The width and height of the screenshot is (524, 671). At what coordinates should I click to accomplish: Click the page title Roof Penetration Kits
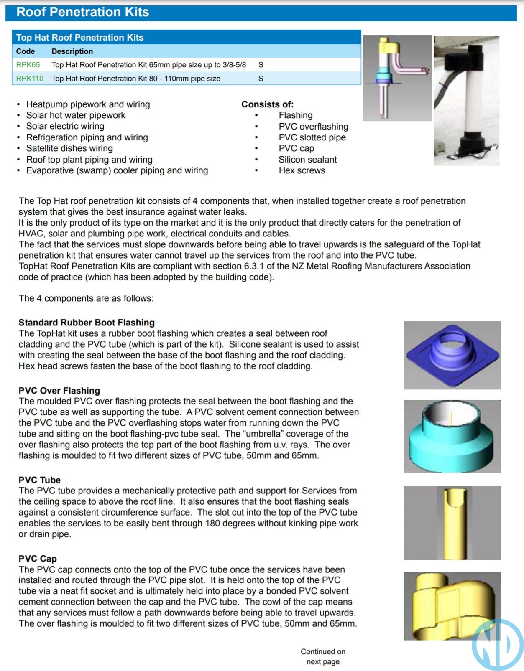(x=82, y=12)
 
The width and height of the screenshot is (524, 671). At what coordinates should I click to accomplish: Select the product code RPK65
(x=28, y=65)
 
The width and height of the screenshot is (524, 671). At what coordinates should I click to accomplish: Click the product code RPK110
(x=30, y=79)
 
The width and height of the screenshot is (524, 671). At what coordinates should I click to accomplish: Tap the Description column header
(x=72, y=51)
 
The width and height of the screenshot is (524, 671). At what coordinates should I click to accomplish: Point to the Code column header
(x=25, y=51)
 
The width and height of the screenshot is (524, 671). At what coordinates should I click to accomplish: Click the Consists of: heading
(x=267, y=104)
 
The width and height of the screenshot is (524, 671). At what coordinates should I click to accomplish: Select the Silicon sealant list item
(x=307, y=160)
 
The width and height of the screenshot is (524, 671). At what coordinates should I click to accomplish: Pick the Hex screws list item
(x=302, y=170)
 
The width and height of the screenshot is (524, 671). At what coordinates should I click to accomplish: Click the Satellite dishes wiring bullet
(x=69, y=148)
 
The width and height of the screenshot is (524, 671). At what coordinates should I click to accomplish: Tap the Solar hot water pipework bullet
(x=76, y=115)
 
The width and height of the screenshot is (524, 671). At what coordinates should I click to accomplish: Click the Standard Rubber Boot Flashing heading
(x=87, y=323)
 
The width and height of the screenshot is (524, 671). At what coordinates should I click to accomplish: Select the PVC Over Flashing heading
(x=59, y=391)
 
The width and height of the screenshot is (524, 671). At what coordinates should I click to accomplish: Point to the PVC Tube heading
(x=39, y=480)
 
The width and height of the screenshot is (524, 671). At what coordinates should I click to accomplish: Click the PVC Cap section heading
(x=38, y=559)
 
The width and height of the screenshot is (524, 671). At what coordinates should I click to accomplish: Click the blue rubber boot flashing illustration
(x=452, y=355)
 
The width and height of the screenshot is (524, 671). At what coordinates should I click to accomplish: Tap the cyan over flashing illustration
(x=452, y=436)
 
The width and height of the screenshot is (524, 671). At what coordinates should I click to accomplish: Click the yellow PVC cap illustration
(x=450, y=605)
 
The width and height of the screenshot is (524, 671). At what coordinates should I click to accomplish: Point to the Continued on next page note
(x=323, y=656)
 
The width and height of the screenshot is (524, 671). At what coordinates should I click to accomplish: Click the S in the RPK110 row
(x=261, y=79)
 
